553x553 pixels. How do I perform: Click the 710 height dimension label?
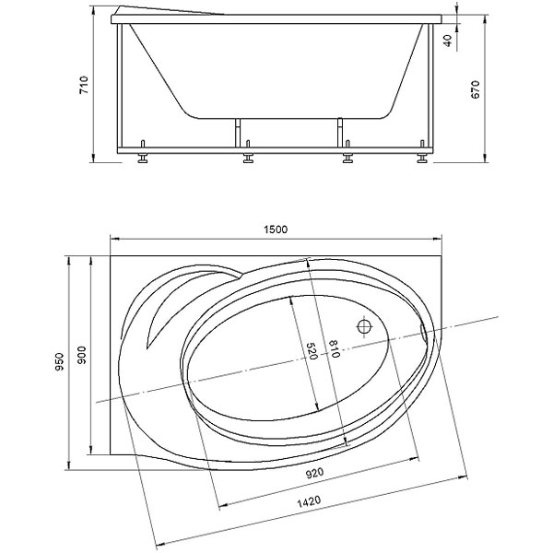click(84, 85)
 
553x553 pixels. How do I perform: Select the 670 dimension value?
click(476, 89)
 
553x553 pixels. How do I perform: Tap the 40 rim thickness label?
click(447, 41)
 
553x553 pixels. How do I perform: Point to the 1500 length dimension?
click(276, 229)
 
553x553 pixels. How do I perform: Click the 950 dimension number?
click(59, 361)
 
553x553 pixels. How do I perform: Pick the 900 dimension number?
click(81, 356)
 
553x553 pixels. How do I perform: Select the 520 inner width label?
click(312, 351)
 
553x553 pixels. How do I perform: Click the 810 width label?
click(334, 349)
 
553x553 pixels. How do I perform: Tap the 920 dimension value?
click(314, 474)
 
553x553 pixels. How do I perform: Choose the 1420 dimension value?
click(309, 501)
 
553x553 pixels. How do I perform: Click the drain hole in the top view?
click(365, 326)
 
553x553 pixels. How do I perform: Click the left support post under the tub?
click(238, 133)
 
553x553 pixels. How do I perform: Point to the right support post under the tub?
click(340, 133)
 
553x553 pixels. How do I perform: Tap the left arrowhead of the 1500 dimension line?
click(115, 239)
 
